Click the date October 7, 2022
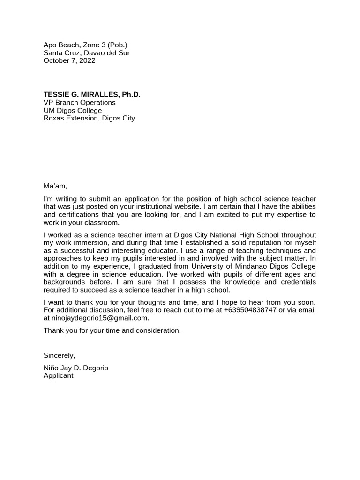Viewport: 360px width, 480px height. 69,60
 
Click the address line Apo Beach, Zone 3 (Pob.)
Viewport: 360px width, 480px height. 85,45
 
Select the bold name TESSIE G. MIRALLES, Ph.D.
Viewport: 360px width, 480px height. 92,95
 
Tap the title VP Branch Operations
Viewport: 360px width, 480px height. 79,103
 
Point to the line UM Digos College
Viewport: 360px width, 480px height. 73,111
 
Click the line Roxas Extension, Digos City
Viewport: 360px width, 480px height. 89,118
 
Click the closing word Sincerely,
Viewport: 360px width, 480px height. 59,355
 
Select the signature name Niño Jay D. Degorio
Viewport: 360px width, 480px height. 76,368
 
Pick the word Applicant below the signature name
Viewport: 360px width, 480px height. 59,375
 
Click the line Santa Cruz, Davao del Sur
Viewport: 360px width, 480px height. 87,53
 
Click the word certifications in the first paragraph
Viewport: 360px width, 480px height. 78,215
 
